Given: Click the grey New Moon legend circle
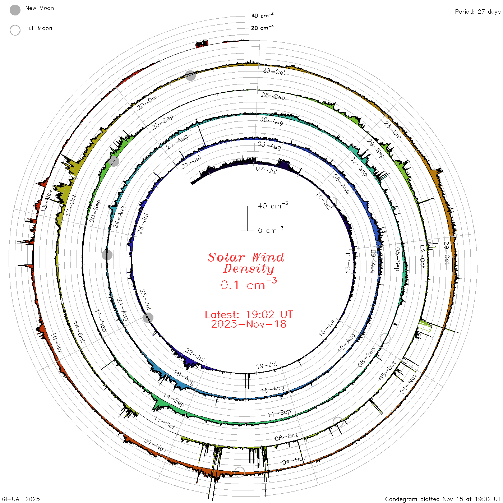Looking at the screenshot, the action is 15,10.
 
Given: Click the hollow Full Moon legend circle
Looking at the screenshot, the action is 15,30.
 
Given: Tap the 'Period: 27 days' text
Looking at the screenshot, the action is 477,12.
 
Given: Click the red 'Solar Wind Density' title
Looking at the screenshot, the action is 246,263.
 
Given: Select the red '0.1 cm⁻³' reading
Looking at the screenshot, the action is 249,284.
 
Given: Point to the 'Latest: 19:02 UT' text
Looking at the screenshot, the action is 249,314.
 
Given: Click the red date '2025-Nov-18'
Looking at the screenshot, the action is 249,324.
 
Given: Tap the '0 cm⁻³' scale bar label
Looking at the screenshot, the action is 271,230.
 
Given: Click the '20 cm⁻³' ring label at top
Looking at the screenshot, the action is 262,27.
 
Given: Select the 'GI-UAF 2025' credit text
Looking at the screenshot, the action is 21,499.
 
